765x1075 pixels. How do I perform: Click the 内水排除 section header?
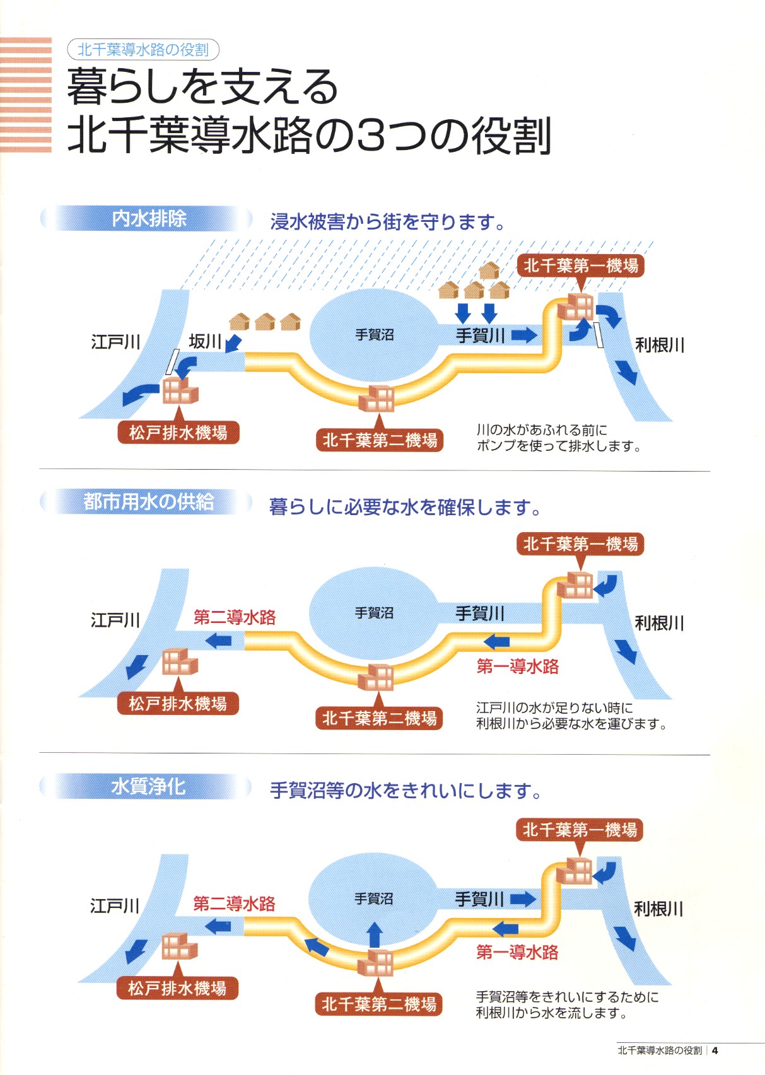(x=149, y=219)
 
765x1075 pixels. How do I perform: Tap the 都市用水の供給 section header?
(x=149, y=502)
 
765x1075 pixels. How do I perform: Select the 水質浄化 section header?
(x=149, y=787)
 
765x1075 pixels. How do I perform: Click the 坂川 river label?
(x=205, y=342)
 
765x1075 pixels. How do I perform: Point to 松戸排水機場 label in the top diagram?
(x=178, y=433)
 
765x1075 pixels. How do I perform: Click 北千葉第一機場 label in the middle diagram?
(x=580, y=543)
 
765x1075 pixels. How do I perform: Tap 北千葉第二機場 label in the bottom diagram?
(x=378, y=1004)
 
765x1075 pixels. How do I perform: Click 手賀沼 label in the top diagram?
(x=375, y=335)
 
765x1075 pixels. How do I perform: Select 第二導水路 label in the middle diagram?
(x=235, y=617)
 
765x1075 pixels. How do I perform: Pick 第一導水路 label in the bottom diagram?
(x=517, y=952)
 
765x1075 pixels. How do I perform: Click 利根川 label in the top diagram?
(x=660, y=345)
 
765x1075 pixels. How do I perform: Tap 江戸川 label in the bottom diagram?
(x=115, y=906)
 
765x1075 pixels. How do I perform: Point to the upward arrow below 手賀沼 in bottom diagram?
(x=375, y=934)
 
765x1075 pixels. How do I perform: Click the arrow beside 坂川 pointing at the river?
(x=233, y=343)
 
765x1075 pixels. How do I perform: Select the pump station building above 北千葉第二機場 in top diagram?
(x=377, y=398)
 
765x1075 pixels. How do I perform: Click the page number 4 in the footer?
(x=715, y=1050)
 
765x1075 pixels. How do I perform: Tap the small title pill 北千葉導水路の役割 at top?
(x=143, y=50)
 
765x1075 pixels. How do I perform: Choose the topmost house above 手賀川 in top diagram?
(x=489, y=271)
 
